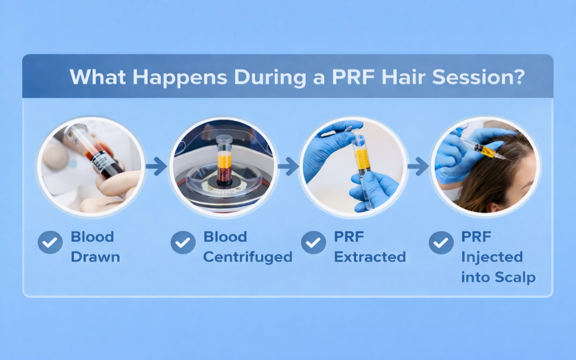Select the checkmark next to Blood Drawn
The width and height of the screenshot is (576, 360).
pyautogui.click(x=50, y=242)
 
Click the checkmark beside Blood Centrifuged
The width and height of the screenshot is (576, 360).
pyautogui.click(x=183, y=242)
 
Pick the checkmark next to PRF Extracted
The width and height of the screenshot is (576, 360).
pyautogui.click(x=313, y=242)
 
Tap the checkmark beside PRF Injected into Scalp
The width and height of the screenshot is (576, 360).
pyautogui.click(x=441, y=242)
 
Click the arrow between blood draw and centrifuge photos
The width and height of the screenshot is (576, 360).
pyautogui.click(x=156, y=167)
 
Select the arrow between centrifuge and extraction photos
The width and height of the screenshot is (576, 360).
pyautogui.click(x=288, y=167)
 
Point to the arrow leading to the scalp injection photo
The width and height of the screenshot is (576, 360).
pyautogui.click(x=418, y=167)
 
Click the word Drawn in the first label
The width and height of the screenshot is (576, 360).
pyautogui.click(x=95, y=257)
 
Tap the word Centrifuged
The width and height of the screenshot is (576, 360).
pyautogui.click(x=248, y=257)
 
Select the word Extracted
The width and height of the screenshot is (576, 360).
pyautogui.click(x=370, y=257)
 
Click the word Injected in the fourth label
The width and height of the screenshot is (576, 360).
pyautogui.click(x=492, y=257)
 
